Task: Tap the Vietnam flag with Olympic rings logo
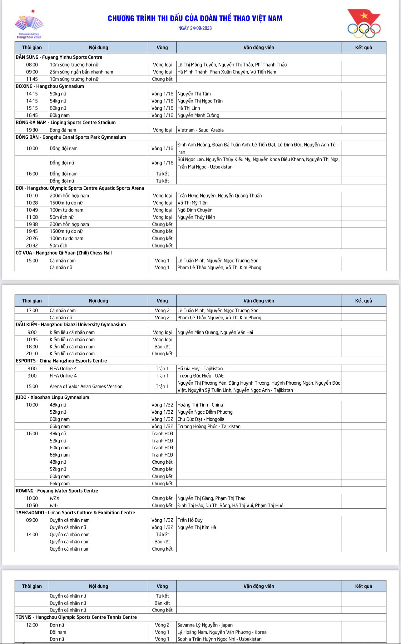[364, 24]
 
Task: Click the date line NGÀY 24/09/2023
[195, 28]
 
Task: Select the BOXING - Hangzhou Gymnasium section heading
[50, 86]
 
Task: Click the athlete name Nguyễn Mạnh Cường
[198, 115]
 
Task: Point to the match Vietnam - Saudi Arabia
[200, 130]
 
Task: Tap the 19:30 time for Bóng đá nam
[32, 130]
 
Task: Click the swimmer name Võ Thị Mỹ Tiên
[192, 203]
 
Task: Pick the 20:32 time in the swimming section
[32, 246]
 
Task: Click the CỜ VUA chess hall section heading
[64, 253]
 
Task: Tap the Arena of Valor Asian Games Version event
[86, 387]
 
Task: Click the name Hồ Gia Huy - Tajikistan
[200, 369]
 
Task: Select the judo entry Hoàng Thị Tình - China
[200, 405]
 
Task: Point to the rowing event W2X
[55, 498]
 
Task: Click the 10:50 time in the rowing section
[32, 506]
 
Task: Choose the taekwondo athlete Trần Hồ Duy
[190, 520]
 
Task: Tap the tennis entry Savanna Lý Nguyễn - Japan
[205, 625]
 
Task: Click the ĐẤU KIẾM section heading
[71, 325]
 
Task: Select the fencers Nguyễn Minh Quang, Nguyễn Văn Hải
[215, 332]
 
